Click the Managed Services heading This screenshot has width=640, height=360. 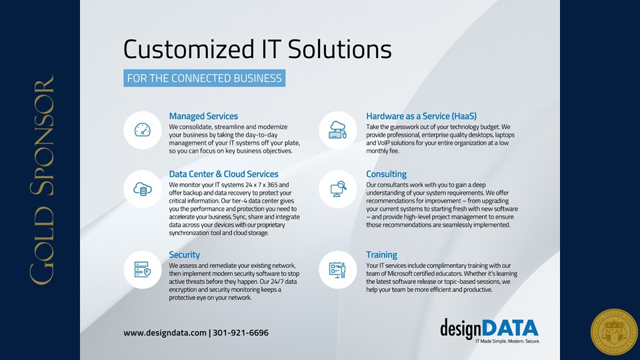[203, 116]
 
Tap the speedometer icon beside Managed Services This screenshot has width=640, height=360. [143, 130]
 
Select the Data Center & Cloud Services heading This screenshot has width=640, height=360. [224, 174]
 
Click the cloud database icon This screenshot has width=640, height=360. [143, 189]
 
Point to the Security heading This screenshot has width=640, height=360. [185, 255]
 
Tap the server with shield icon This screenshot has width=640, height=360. [143, 270]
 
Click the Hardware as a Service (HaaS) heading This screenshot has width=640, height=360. [421, 116]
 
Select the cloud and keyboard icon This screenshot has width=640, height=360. [338, 130]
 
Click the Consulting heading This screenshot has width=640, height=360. [386, 174]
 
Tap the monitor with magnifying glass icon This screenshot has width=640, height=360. [338, 189]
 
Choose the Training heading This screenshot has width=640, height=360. [381, 255]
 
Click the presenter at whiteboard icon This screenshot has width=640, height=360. [337, 270]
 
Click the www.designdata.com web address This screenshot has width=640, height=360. [165, 333]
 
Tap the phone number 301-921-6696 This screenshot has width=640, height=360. [241, 333]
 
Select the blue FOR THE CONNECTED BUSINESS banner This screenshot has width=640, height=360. [205, 78]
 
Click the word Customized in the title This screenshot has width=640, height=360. [189, 49]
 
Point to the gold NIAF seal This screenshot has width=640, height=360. [614, 332]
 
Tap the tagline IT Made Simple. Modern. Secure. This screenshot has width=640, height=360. [507, 341]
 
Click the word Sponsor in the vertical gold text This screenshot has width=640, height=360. [42, 135]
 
